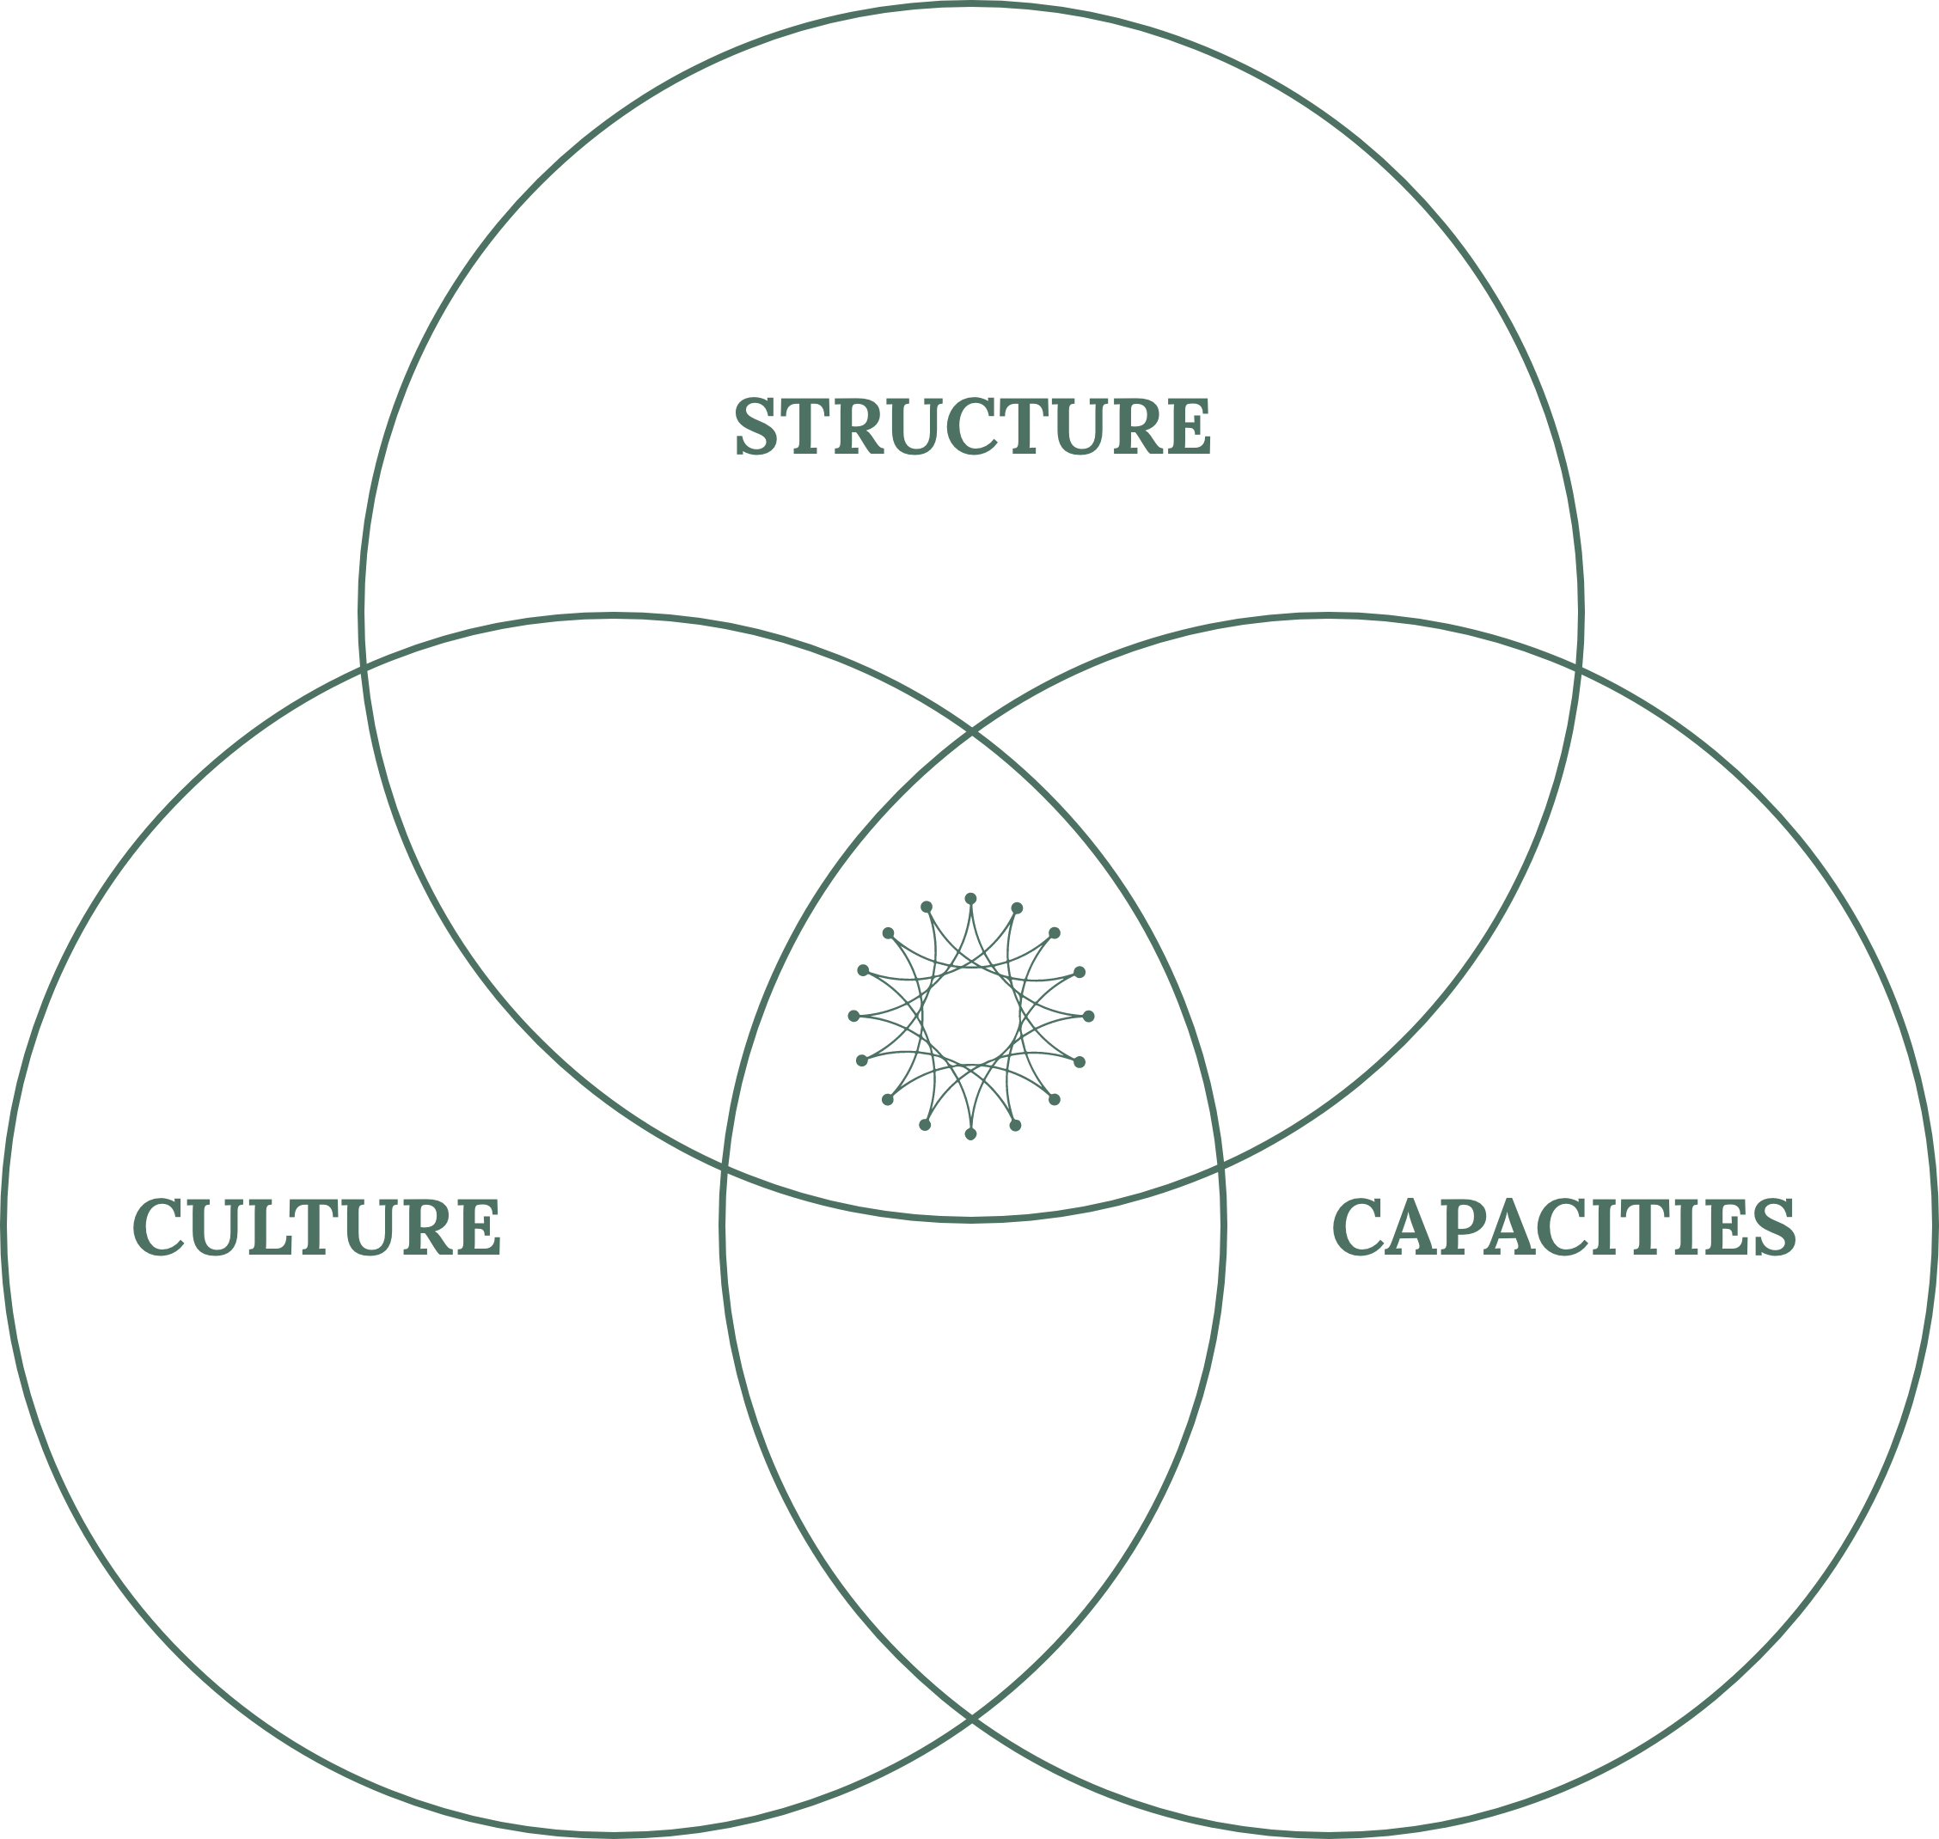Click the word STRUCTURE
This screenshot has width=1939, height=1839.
[x=972, y=425]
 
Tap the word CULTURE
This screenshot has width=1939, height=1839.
[x=316, y=1225]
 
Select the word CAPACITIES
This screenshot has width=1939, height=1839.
[x=1563, y=1225]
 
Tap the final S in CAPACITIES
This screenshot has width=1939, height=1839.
[x=1774, y=1225]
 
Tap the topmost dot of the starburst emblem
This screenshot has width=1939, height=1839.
[x=970, y=898]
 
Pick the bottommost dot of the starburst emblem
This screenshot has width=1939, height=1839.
[x=970, y=1134]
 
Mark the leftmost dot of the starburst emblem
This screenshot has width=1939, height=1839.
[x=853, y=1016]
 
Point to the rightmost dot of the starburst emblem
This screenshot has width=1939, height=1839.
[x=1088, y=1016]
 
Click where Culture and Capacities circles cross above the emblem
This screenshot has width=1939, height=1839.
[x=971, y=731]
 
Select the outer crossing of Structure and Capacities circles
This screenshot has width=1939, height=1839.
[x=1578, y=668]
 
